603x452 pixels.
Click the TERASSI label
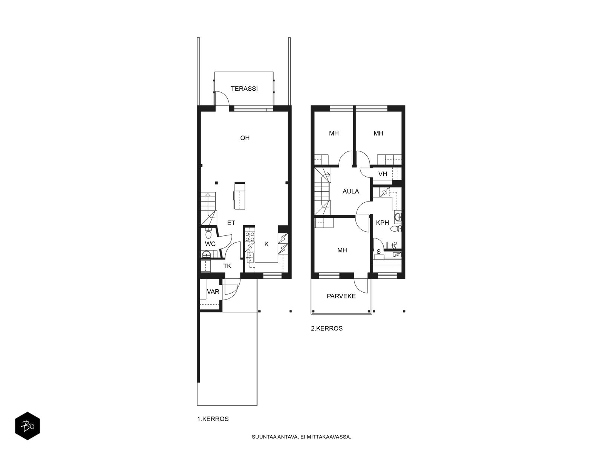click(x=244, y=89)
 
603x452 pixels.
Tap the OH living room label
click(x=245, y=138)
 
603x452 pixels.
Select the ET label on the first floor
click(x=231, y=223)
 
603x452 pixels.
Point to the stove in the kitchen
click(x=250, y=237)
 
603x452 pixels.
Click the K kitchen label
click(x=266, y=244)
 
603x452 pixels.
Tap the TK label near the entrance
click(x=227, y=266)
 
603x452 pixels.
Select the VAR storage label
click(x=213, y=292)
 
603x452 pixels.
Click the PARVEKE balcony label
click(x=341, y=296)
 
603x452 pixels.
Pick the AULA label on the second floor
click(x=350, y=191)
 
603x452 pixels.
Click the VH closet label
click(x=383, y=174)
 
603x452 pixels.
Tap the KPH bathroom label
click(x=383, y=223)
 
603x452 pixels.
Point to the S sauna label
click(x=378, y=252)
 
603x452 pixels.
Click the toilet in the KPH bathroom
click(x=396, y=229)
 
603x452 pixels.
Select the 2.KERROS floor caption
click(x=327, y=328)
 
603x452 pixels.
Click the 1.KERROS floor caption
click(x=213, y=419)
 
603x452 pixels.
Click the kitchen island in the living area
click(x=240, y=195)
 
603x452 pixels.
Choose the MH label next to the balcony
click(x=342, y=250)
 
